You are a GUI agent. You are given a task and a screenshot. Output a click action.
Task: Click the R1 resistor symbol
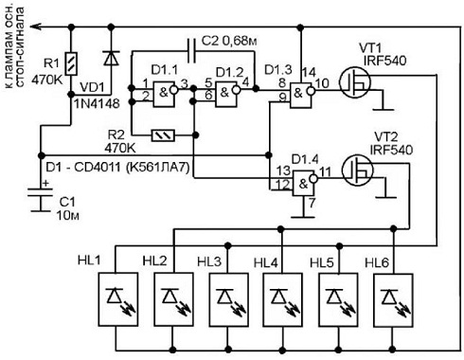72,63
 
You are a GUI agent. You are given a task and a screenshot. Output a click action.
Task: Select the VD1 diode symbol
111,58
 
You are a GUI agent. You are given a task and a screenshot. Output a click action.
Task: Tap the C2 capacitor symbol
191,50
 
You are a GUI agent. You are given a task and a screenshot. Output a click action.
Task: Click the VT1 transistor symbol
355,82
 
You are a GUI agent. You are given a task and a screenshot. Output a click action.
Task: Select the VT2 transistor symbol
358,171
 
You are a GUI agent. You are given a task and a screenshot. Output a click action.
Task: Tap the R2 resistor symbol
163,135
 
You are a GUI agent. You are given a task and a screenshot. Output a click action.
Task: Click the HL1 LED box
118,299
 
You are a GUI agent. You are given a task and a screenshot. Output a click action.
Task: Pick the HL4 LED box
282,300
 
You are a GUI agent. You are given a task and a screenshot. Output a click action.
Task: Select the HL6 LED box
393,300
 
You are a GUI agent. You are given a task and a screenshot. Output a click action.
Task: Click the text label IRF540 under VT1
385,61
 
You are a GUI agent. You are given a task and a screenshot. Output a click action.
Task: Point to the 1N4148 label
97,103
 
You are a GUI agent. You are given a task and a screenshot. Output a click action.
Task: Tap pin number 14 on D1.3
309,72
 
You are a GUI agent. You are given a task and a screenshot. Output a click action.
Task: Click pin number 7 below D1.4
312,203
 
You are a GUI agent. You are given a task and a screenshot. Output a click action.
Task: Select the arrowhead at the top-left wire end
36,27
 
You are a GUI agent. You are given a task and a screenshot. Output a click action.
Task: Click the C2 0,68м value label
229,41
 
